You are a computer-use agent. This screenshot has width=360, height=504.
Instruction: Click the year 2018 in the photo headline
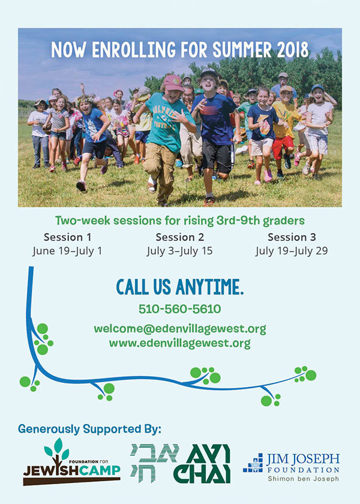coord(293,50)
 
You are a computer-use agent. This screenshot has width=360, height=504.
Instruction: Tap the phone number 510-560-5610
coord(179,309)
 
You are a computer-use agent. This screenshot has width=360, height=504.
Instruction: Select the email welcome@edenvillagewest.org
coord(180,329)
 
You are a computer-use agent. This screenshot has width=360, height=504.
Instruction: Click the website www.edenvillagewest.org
coord(179,343)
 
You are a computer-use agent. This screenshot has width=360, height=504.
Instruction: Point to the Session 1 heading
coord(67,237)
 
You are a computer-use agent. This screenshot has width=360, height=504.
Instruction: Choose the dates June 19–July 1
coord(67,251)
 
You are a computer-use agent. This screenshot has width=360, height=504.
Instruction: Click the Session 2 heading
coord(179,237)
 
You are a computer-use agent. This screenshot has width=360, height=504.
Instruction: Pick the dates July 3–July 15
coord(179,251)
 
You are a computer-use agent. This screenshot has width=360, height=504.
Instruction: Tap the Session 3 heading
coord(292,237)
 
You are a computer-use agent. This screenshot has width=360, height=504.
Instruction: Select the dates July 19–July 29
coord(292,251)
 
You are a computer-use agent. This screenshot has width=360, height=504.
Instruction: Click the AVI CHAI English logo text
coord(202,464)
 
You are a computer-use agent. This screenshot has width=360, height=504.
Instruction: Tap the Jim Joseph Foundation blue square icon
coord(253,463)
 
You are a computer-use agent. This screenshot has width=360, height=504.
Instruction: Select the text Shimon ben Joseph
coord(304,479)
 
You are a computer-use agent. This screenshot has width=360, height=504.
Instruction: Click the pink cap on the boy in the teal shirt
coord(173,83)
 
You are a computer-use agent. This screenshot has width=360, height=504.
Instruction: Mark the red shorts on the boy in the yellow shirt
coord(283,147)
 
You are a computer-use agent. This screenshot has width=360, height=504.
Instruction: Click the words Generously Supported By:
coord(89,429)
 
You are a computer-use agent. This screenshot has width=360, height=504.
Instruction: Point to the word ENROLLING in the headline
coord(134,50)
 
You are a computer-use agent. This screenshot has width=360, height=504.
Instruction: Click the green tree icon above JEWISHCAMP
coord(57,449)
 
